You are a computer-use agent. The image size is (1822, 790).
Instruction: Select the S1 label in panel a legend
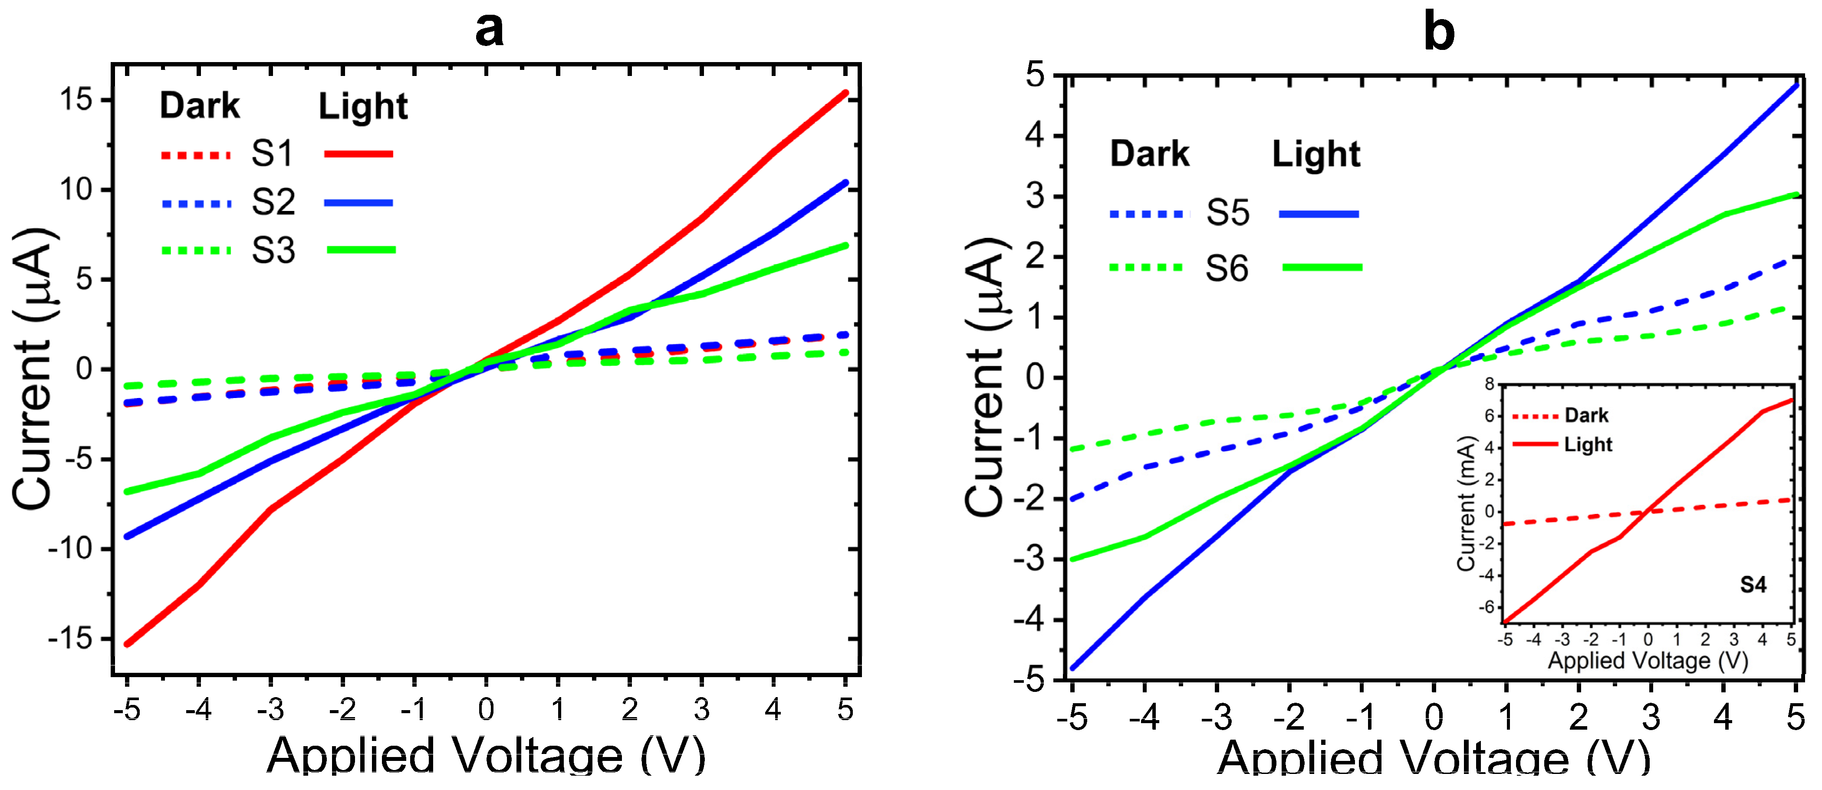pos(272,154)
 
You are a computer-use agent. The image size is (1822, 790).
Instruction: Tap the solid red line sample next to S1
pos(358,154)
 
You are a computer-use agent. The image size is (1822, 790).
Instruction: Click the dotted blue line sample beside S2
pos(196,204)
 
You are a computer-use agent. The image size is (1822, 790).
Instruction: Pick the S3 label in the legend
pos(273,251)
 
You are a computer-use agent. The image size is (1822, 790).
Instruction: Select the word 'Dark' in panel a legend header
pos(200,106)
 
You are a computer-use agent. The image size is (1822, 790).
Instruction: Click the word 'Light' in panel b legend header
pos(1316,154)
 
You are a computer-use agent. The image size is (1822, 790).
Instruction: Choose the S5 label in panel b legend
pos(1228,213)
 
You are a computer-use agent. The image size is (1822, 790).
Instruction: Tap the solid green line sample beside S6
pos(1321,267)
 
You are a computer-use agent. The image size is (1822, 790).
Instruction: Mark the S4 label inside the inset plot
pos(1753,585)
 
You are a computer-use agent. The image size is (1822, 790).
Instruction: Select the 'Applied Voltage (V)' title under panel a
pos(486,757)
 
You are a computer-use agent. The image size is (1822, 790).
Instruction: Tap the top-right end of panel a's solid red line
pos(845,92)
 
